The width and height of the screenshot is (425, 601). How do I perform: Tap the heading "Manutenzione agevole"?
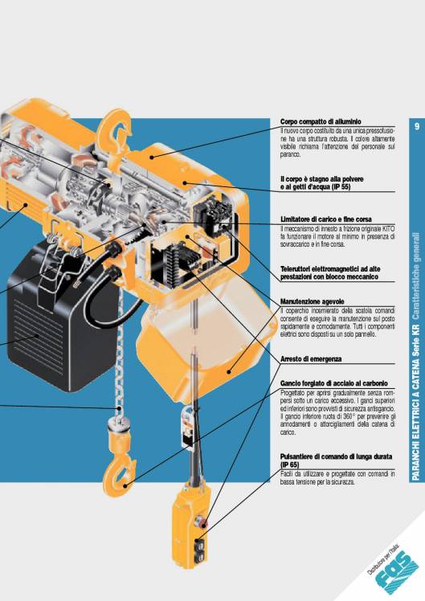pos(312,300)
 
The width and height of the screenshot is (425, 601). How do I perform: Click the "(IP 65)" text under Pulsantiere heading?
pos(292,464)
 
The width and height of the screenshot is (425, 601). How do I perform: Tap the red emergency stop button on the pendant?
pos(202,525)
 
